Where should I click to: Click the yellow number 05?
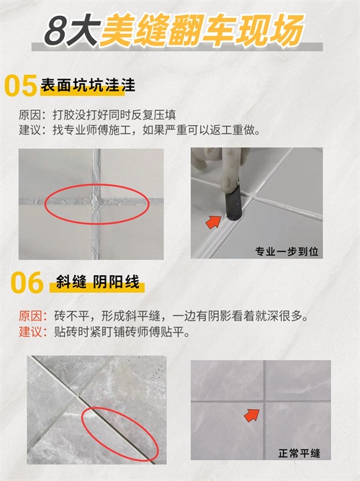click(x=21, y=86)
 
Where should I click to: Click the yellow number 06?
click(x=27, y=282)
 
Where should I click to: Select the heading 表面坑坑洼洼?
click(x=88, y=85)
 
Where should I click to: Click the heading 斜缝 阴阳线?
click(x=97, y=282)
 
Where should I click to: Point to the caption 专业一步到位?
click(x=287, y=251)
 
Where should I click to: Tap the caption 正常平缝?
click(x=299, y=453)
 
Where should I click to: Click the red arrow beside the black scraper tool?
click(x=213, y=222)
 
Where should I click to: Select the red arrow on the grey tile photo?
click(x=252, y=415)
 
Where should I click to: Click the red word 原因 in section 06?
click(x=30, y=316)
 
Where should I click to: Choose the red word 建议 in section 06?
click(x=30, y=332)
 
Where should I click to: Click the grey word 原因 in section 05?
click(x=30, y=115)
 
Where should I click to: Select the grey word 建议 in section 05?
click(x=30, y=130)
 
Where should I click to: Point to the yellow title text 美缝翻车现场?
click(x=202, y=30)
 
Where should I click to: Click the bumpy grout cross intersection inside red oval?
click(x=96, y=202)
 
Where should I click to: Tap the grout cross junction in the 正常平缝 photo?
click(x=264, y=401)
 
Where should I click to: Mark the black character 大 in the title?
click(x=85, y=30)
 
